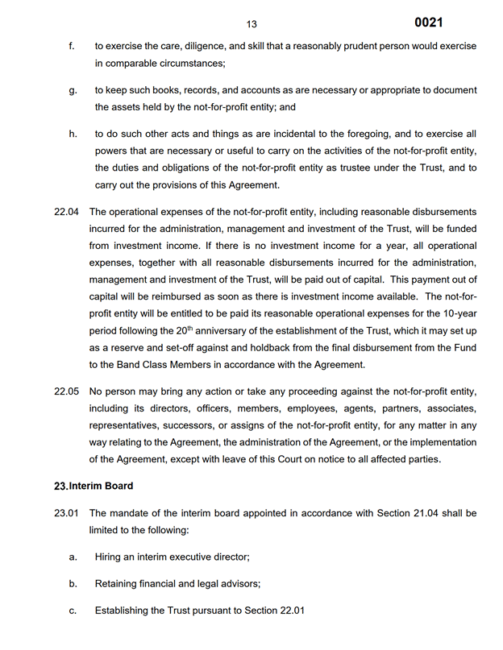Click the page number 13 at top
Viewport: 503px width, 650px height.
pyautogui.click(x=251, y=24)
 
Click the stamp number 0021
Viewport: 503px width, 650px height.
pyautogui.click(x=428, y=23)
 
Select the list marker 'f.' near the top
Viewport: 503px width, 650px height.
pyautogui.click(x=72, y=46)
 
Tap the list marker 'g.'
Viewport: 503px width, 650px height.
pyautogui.click(x=73, y=90)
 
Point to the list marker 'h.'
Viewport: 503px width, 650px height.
pyautogui.click(x=73, y=134)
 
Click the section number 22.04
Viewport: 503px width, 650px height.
pyautogui.click(x=66, y=212)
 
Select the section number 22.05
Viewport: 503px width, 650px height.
pyautogui.click(x=66, y=391)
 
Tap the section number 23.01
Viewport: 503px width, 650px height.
pyautogui.click(x=66, y=512)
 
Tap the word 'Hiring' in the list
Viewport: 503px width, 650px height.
pyautogui.click(x=109, y=556)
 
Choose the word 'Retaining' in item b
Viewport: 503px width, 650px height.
pyautogui.click(x=118, y=583)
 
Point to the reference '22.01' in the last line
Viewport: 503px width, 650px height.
pyautogui.click(x=291, y=611)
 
